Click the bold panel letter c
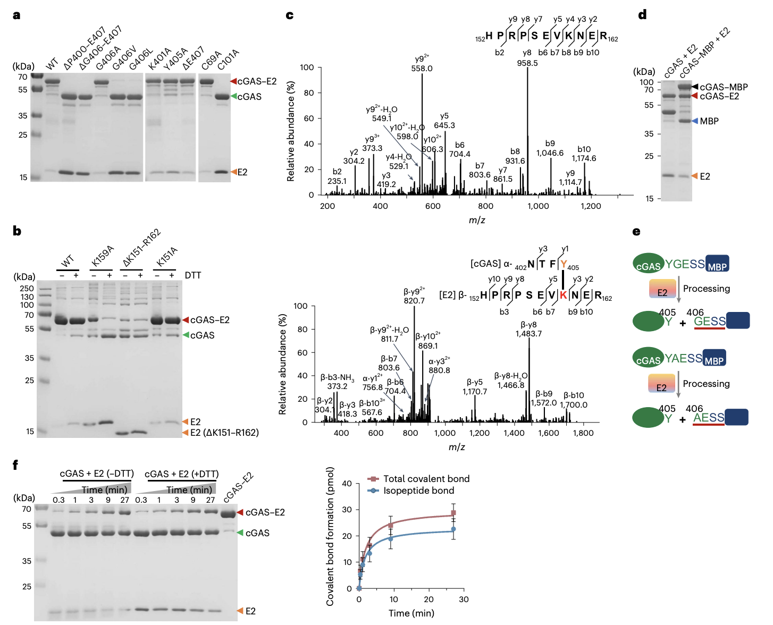point(289,15)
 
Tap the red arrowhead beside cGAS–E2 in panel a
point(233,81)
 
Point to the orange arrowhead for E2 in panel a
point(233,172)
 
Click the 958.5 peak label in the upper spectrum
point(527,63)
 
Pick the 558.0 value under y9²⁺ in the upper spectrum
point(422,69)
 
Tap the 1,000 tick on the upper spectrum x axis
point(538,206)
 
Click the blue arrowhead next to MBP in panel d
point(694,121)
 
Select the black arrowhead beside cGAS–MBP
point(694,87)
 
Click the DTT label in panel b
point(193,275)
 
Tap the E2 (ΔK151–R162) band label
point(224,433)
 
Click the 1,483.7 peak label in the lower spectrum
point(528,333)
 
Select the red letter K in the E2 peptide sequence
point(563,295)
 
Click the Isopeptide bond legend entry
point(418,491)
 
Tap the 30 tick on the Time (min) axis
point(464,599)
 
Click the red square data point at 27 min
point(453,513)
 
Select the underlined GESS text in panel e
point(710,322)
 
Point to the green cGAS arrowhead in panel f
point(240,533)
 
